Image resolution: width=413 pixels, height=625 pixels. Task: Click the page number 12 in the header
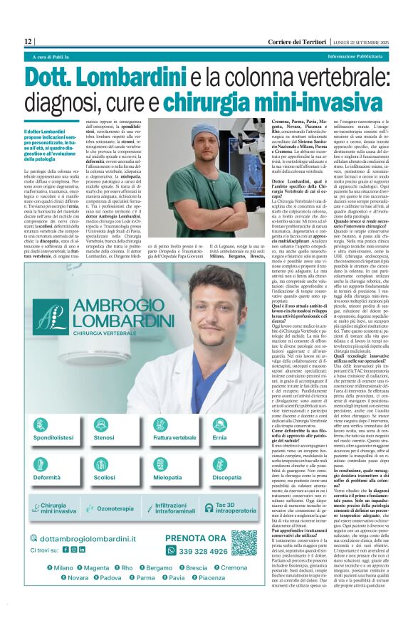28,41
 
